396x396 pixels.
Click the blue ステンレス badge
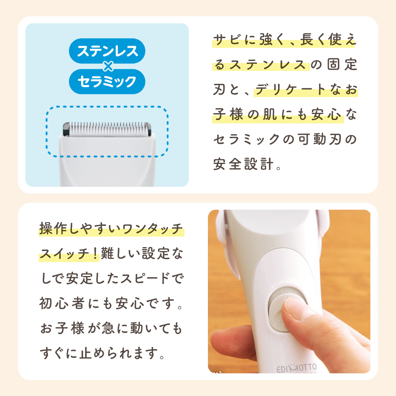tap(107, 51)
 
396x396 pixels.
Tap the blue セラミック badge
tap(107, 81)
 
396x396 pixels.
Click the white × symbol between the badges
tap(108, 66)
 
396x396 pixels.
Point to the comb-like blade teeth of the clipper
tap(107, 128)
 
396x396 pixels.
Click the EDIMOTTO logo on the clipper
tap(297, 368)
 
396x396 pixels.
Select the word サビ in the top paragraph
tap(227, 40)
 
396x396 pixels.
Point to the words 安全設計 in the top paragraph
tap(243, 164)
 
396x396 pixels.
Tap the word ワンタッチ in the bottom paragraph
tap(152, 229)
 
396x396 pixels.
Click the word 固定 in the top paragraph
tap(342, 65)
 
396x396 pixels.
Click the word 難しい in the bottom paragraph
tap(120, 253)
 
